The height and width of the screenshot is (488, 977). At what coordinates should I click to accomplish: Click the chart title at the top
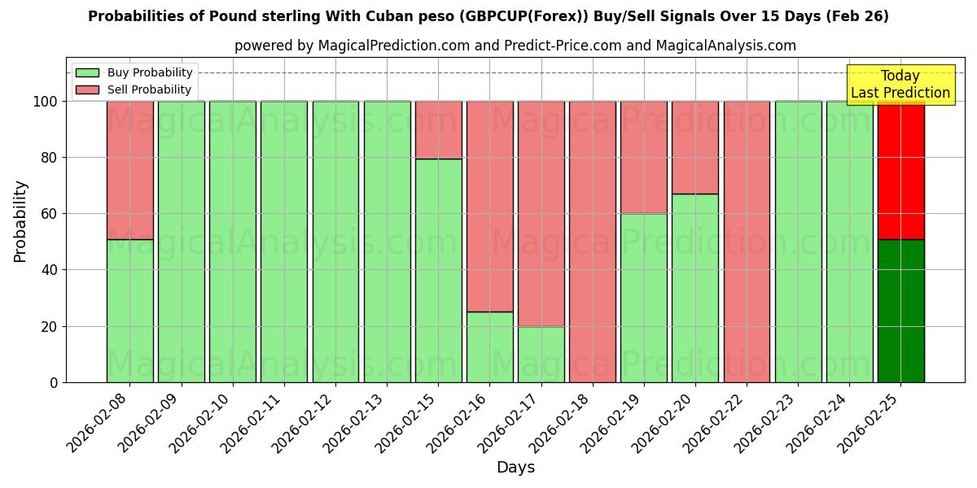pos(488,16)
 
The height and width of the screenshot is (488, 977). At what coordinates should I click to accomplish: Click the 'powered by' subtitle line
pos(515,46)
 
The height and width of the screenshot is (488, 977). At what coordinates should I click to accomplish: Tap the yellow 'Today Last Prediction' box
pos(900,85)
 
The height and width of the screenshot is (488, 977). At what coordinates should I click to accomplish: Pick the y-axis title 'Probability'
pos(20,220)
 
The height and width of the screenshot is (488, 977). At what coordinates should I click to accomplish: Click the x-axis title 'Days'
pos(515,467)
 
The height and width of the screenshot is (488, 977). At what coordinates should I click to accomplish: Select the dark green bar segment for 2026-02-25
pos(900,311)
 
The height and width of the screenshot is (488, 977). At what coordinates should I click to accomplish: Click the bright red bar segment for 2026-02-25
pos(900,170)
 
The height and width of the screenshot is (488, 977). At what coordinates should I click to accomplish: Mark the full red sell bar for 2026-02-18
pos(593,242)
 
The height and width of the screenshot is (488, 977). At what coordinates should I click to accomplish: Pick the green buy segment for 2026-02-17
pos(541,354)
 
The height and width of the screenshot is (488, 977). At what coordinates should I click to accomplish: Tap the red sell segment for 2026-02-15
pos(438,130)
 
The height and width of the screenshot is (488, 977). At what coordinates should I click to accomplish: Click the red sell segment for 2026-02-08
pos(129,170)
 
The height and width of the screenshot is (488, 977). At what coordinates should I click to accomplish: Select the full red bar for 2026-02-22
pos(747,242)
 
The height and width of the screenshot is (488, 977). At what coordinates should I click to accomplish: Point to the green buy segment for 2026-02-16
pos(489,346)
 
